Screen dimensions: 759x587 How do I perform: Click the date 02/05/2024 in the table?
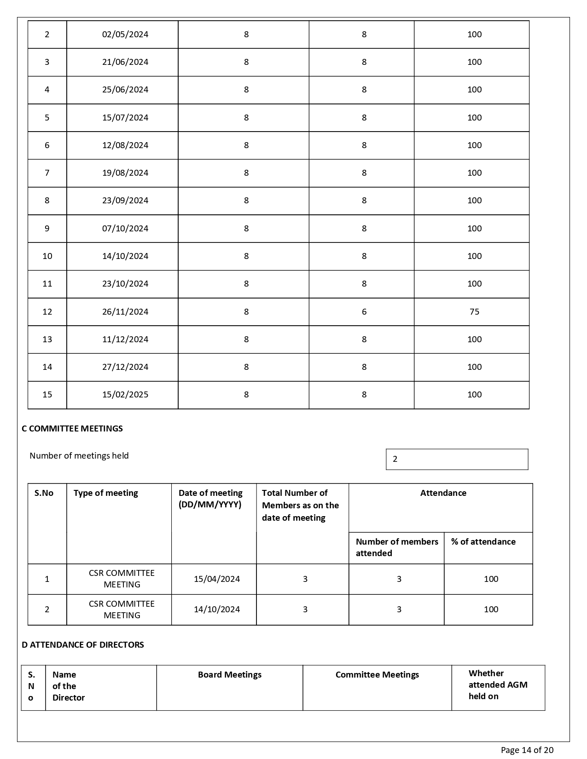pos(125,34)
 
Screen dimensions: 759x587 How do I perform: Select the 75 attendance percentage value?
pos(474,312)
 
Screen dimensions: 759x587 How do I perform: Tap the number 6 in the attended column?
pos(364,312)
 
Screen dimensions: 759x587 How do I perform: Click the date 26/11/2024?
pos(125,312)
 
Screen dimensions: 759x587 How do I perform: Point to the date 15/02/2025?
pos(125,395)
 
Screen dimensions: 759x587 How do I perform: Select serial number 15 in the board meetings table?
pos(47,395)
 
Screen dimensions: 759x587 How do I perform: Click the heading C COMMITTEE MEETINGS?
pos(72,429)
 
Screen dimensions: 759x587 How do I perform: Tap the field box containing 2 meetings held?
pos(457,459)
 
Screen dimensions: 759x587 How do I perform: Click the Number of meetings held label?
pos(79,456)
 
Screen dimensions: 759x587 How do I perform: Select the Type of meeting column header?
pos(106,493)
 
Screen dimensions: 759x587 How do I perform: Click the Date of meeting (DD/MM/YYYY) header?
pos(210,499)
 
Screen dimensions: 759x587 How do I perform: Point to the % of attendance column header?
pos(483,542)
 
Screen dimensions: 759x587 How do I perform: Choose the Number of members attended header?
pos(396,547)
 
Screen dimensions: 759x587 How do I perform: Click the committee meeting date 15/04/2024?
pos(217,579)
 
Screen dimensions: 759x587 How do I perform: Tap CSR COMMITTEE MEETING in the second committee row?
pos(122,609)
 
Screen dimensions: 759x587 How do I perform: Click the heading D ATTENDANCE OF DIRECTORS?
pos(83,645)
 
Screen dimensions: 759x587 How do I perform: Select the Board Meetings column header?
pos(230,675)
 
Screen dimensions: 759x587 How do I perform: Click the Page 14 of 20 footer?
pos(527,750)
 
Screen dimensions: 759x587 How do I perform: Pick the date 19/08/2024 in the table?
pos(125,173)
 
